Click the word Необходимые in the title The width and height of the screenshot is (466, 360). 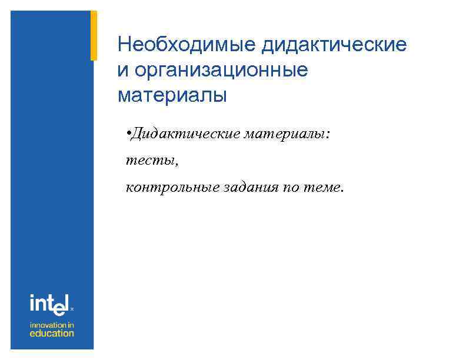pyautogui.click(x=187, y=45)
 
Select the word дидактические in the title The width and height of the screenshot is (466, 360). pyautogui.click(x=334, y=45)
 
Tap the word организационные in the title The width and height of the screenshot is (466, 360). pyautogui.click(x=221, y=70)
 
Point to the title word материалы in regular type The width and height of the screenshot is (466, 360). pyautogui.click(x=172, y=95)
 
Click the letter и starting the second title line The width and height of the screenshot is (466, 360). pyautogui.click(x=122, y=70)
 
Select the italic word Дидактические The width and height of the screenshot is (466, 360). pyautogui.click(x=177, y=134)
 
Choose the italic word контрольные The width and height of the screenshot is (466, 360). pyautogui.click(x=171, y=187)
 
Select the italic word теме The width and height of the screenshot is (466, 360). pyautogui.click(x=322, y=187)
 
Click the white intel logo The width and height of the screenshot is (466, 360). pyautogui.click(x=50, y=305)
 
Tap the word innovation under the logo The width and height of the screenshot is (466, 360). pyautogui.click(x=47, y=325)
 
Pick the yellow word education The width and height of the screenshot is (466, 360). pyautogui.click(x=52, y=334)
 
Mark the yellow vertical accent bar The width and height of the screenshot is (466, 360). pyautogui.click(x=93, y=35)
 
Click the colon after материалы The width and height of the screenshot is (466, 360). pyautogui.click(x=327, y=135)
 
